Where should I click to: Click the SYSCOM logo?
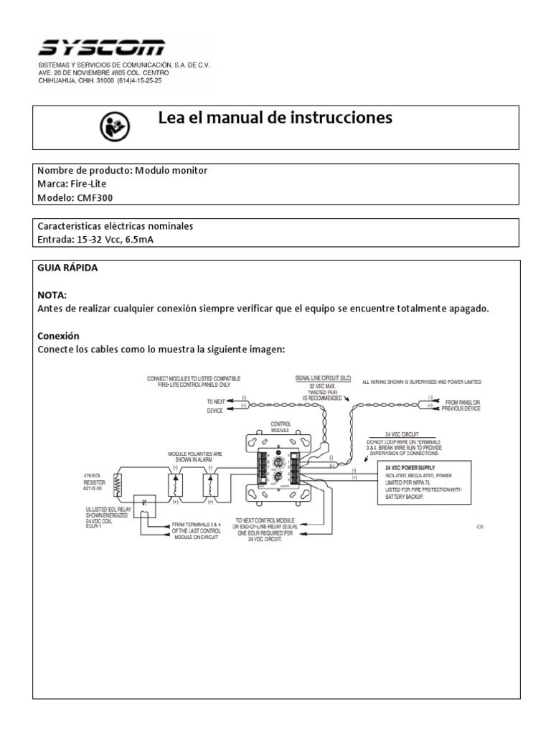point(100,48)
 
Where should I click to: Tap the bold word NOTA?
point(50,294)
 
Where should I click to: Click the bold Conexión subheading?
point(57,336)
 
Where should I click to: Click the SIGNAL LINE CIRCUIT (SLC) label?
point(322,377)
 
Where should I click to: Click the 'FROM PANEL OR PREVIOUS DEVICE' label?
point(462,405)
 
